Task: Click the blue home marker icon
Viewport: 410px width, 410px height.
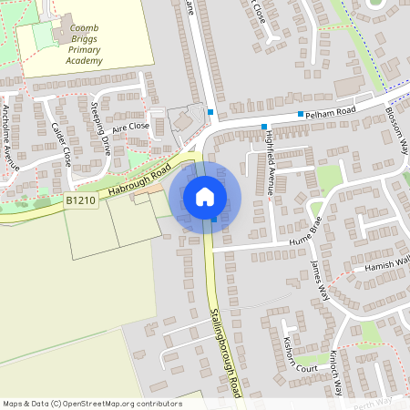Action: (x=205, y=196)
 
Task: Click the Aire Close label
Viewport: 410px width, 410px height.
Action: (x=130, y=128)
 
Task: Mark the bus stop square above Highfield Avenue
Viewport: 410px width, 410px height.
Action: (x=264, y=127)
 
